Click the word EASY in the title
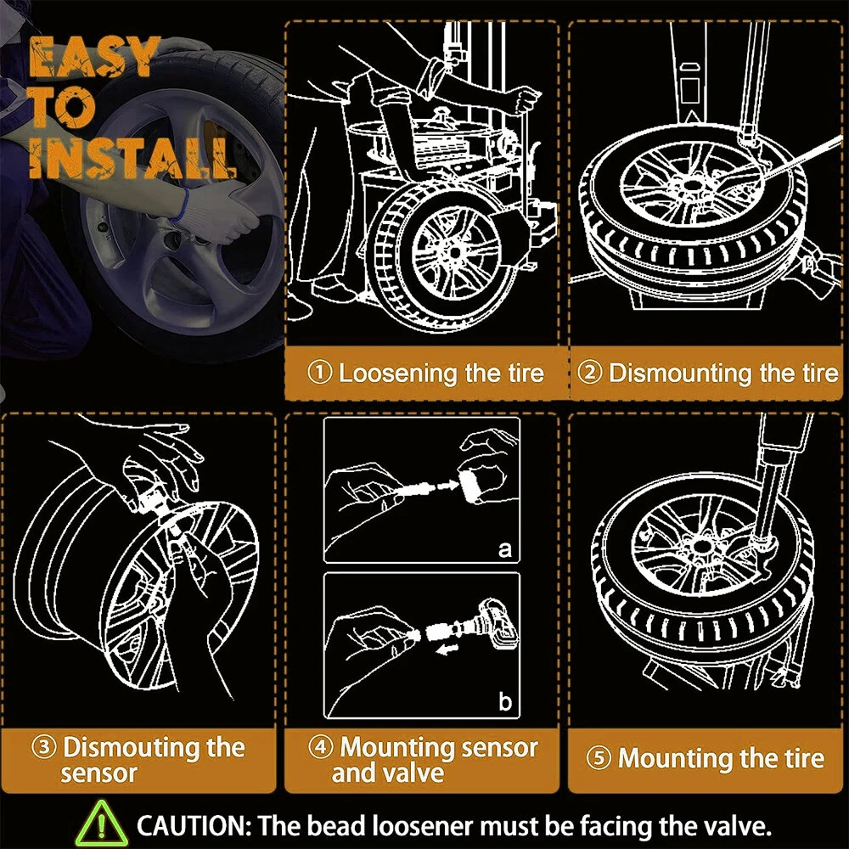click(93, 56)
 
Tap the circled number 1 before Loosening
click(319, 373)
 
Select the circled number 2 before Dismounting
click(590, 373)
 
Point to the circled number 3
click(44, 747)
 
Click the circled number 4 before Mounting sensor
click(321, 747)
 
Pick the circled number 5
click(599, 758)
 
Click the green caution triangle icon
click(101, 824)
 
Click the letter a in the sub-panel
click(504, 549)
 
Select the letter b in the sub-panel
click(504, 701)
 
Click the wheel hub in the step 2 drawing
click(691, 187)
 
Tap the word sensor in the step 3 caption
click(99, 773)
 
